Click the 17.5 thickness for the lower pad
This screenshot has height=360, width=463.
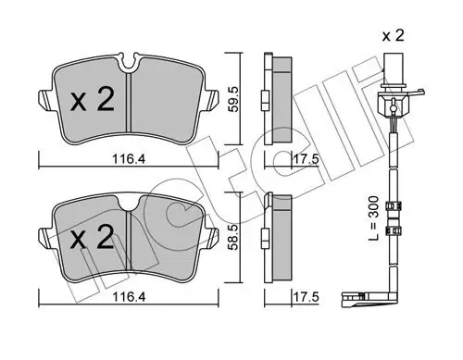(295, 298)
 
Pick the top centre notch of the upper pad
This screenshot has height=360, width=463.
(131, 65)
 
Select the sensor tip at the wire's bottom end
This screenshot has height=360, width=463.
(351, 299)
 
